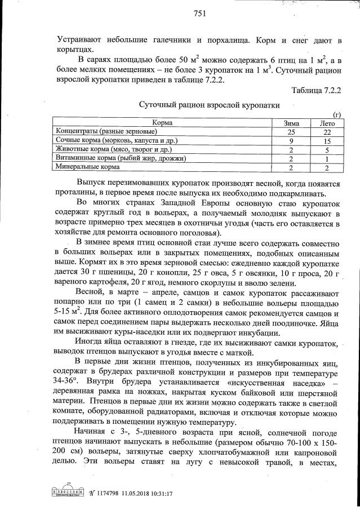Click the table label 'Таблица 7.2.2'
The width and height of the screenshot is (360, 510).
[x=317, y=90]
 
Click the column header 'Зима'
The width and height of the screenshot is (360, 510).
[x=291, y=123]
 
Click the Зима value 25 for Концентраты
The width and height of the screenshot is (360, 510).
[x=291, y=132]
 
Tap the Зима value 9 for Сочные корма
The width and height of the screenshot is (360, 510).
[x=291, y=141]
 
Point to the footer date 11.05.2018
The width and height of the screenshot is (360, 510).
[x=133, y=493]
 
